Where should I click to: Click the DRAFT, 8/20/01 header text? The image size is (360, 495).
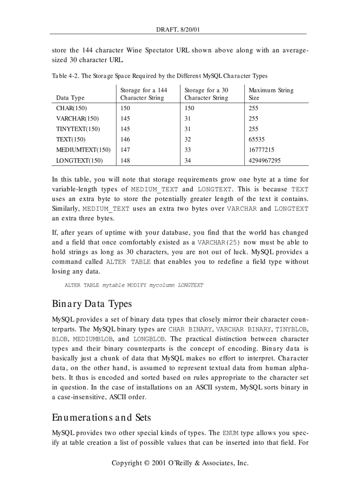coord(178,30)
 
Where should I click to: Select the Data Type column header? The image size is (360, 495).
coord(70,98)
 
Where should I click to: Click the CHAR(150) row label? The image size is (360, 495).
coord(71,108)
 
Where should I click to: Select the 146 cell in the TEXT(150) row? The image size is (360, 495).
coord(125,139)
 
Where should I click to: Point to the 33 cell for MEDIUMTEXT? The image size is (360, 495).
coord(187,150)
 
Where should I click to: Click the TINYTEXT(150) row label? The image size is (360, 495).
coord(78,129)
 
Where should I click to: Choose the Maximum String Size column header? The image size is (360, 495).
coord(270,94)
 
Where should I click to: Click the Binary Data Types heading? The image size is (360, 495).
coord(92,304)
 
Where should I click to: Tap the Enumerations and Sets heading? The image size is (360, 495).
coord(101,417)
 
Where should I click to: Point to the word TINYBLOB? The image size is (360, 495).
coord(292,329)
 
